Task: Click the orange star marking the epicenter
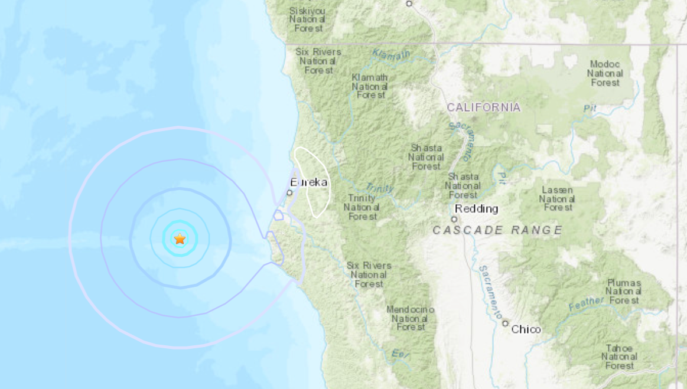coord(180,238)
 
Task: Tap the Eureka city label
coord(309,182)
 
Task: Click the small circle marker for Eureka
coord(289,192)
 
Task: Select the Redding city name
coord(476,209)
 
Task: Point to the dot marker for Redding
coord(454,218)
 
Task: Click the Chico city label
coord(526,329)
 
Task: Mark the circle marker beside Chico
coord(505,323)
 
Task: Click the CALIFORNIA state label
coord(484,107)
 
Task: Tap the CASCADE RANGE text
coord(497,230)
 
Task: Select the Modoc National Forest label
coord(605,73)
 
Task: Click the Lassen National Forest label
coord(556,198)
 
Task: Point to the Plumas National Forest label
coord(624,292)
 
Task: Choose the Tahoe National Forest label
coord(619,357)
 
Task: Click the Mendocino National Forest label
coord(411,318)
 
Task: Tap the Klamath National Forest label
coord(370,86)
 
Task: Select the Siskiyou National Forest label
coord(307,19)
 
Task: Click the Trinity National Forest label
coord(362,207)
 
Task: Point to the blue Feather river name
coord(586,303)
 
